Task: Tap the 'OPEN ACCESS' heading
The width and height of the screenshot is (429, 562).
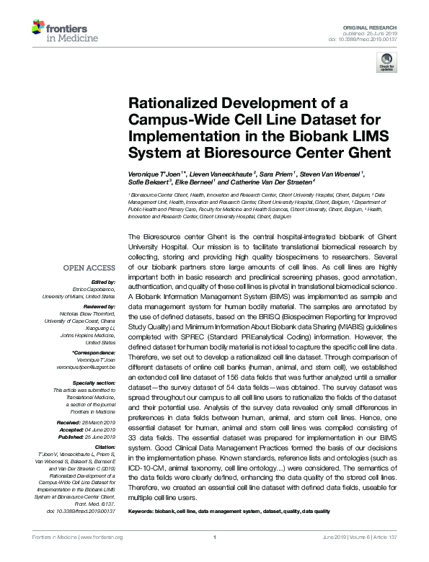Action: pyautogui.click(x=89, y=268)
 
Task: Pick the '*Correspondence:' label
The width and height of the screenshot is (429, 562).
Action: pyautogui.click(x=94, y=352)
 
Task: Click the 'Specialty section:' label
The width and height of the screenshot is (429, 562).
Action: pyautogui.click(x=94, y=382)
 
